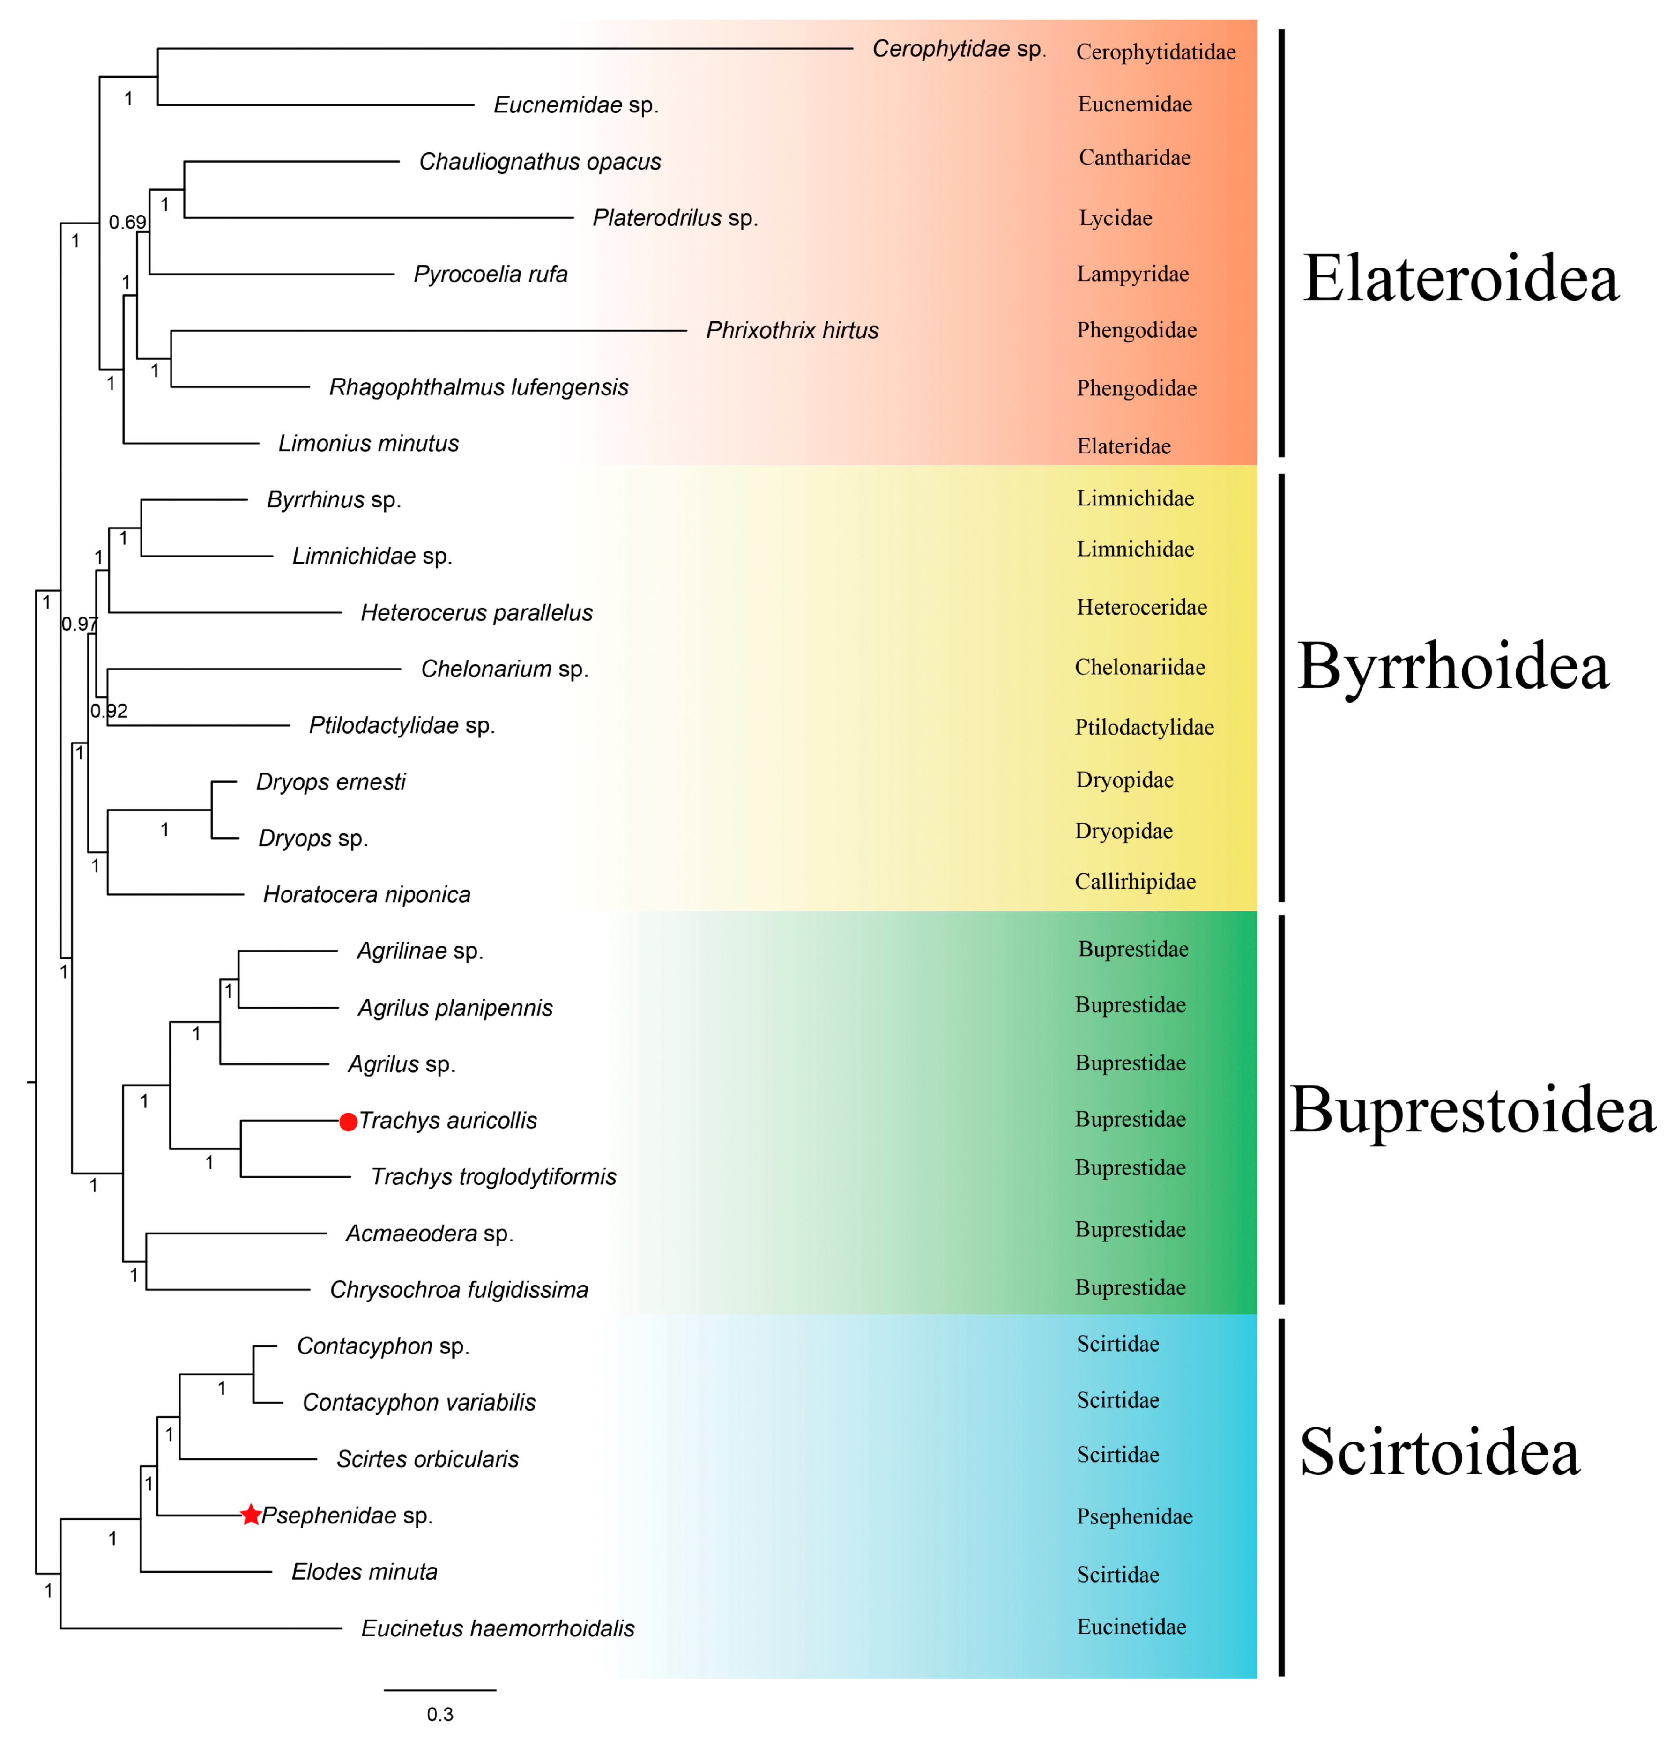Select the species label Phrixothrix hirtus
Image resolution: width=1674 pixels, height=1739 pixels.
pyautogui.click(x=791, y=331)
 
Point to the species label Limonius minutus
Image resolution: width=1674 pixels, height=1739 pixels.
pyautogui.click(x=368, y=444)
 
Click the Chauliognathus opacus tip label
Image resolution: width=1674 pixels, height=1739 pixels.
pyautogui.click(x=539, y=162)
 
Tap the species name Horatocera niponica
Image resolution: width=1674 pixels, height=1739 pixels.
pyautogui.click(x=366, y=894)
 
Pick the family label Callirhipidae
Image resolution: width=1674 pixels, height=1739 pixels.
pyautogui.click(x=1135, y=881)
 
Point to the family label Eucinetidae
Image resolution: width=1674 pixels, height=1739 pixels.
pyautogui.click(x=1131, y=1626)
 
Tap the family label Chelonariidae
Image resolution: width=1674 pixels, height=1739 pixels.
pyautogui.click(x=1139, y=667)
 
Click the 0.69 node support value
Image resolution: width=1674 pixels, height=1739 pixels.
pyautogui.click(x=127, y=222)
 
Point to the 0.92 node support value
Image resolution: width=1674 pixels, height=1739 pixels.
pyautogui.click(x=109, y=711)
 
